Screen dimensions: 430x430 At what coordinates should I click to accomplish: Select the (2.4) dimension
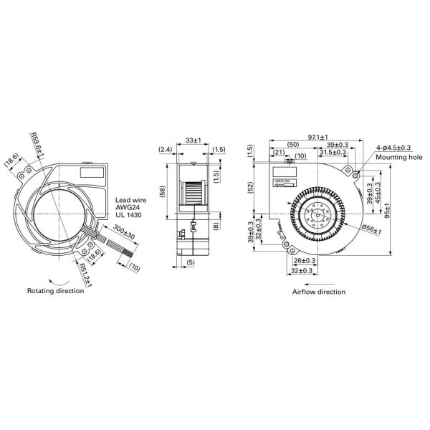click(163, 150)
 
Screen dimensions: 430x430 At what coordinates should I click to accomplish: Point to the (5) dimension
click(191, 262)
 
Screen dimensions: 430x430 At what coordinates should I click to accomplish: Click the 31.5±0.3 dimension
click(333, 152)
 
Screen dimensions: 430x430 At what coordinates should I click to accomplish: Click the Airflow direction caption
click(318, 292)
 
